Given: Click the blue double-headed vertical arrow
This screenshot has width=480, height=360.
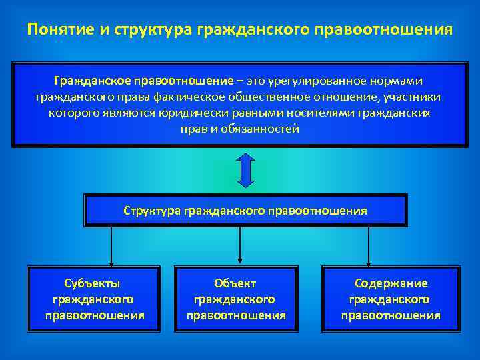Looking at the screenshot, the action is pos(246,170).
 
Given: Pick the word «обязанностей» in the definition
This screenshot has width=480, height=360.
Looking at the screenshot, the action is pos(265,129).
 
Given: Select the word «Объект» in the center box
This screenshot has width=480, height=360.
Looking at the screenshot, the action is pos(235,283).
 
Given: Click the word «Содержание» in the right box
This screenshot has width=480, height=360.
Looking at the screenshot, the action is pos(391,283).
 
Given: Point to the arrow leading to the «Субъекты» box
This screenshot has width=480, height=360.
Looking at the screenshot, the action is pos(111,247).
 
